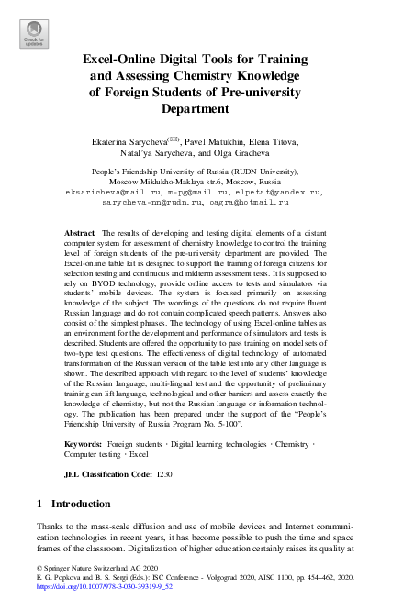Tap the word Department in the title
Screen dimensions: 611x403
[201, 108]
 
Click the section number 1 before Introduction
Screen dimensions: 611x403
[38, 504]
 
